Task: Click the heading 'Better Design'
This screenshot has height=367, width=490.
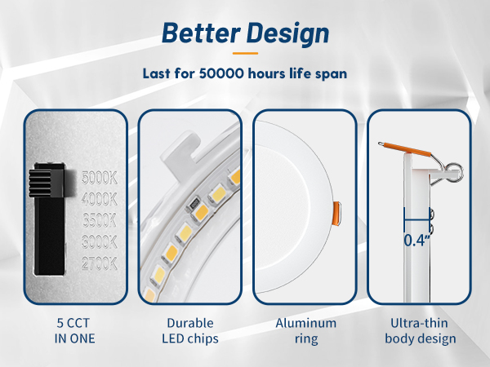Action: click(x=245, y=33)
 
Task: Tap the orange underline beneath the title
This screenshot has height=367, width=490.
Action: click(x=244, y=53)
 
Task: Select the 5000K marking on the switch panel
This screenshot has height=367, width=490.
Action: click(x=100, y=176)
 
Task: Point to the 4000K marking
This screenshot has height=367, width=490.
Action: click(x=100, y=198)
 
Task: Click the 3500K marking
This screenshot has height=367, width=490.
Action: click(x=100, y=219)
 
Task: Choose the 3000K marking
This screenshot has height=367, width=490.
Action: click(x=100, y=241)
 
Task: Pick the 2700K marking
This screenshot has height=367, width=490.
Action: click(x=100, y=263)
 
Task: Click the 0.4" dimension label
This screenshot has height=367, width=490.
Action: click(x=418, y=240)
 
